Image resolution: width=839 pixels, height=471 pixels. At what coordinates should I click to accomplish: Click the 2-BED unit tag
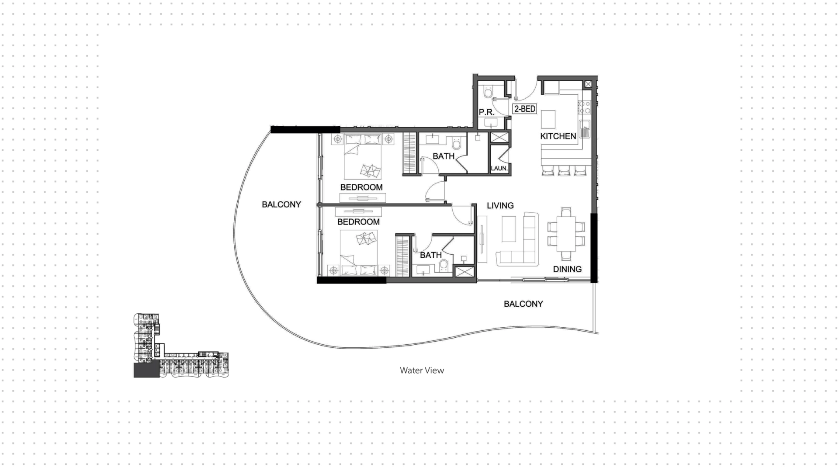pos(524,109)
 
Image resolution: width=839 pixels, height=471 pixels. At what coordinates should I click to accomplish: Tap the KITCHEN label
pos(558,136)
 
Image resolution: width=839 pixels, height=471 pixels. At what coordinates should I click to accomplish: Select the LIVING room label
pos(500,205)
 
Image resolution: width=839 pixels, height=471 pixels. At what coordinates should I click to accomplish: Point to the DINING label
pos(567,269)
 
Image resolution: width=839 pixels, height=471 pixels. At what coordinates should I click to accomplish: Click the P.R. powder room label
pos(486,112)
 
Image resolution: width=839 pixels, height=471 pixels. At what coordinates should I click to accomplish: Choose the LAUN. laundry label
pos(499,168)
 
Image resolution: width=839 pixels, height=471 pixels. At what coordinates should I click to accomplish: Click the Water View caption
pos(422,371)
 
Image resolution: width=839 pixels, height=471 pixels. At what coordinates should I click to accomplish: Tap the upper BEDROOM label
pos(361,187)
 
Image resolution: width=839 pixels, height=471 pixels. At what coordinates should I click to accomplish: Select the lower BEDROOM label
pos(358,222)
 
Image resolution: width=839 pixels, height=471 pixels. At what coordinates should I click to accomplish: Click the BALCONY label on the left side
pos(281,204)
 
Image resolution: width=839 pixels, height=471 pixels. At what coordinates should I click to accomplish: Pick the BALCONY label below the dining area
pos(523,304)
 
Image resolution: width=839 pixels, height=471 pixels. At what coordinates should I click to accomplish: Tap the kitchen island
pos(548,118)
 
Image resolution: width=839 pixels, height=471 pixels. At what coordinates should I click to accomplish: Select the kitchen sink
pos(585,129)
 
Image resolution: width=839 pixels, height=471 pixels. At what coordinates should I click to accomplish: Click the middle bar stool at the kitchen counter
pos(564,170)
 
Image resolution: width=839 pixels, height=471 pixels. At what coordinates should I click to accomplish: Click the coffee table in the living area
pos(509,229)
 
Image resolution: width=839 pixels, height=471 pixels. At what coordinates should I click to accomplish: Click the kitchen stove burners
pos(585,107)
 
